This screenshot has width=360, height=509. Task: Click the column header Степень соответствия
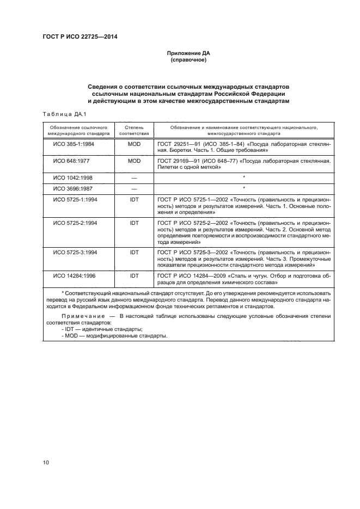pos(134,129)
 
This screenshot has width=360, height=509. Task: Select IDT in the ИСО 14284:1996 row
pos(134,275)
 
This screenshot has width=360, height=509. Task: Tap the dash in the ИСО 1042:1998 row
pos(134,178)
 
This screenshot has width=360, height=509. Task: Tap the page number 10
pos(46,463)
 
